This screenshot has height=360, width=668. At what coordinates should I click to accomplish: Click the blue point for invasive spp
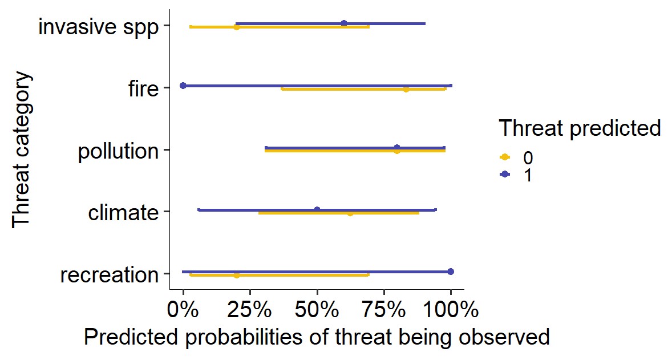click(344, 23)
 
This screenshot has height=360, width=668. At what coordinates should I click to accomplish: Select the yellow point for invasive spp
click(237, 27)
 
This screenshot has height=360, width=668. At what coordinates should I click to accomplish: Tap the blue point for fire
click(183, 86)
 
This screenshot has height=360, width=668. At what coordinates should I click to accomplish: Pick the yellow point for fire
click(406, 89)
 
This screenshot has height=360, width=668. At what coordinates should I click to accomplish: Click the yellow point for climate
click(350, 213)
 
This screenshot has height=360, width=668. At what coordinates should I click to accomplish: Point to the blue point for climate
click(317, 209)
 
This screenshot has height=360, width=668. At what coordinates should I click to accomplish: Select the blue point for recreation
click(451, 272)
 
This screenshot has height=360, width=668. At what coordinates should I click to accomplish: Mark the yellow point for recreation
click(237, 275)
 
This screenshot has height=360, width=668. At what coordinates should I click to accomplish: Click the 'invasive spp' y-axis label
click(98, 27)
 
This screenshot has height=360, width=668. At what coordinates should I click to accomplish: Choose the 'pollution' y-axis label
click(118, 151)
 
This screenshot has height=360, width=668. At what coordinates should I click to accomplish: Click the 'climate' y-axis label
click(123, 213)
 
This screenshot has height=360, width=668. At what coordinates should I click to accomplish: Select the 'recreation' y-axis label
click(109, 275)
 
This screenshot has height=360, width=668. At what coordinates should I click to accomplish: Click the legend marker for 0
click(504, 157)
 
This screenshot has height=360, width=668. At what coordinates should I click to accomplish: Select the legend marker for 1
click(504, 175)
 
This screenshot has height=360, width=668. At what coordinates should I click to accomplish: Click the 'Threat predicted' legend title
click(580, 128)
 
